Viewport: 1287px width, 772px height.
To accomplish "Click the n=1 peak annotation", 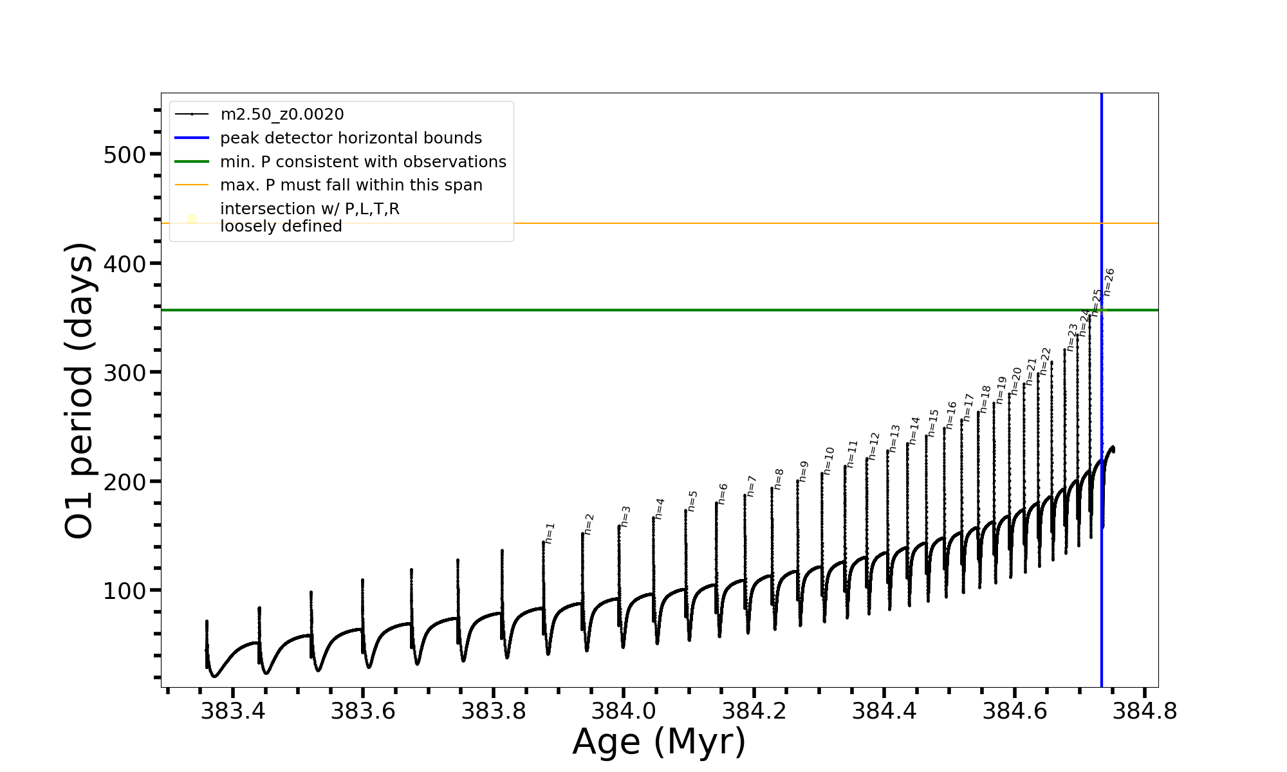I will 550,533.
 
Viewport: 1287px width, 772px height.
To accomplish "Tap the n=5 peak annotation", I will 692,501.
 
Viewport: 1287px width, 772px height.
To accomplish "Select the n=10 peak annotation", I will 829,461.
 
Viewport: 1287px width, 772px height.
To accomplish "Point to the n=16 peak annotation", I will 951,415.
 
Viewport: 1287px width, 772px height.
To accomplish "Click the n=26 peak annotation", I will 1109,282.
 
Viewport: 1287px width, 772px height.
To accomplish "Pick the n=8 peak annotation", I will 779,479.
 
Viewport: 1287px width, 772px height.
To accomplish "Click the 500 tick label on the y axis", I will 124,154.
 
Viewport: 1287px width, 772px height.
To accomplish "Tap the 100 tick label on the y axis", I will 124,591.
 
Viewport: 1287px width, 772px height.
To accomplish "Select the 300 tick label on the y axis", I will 124,372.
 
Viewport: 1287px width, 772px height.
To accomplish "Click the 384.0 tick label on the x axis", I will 623,711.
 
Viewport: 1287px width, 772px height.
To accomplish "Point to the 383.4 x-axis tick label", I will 233,711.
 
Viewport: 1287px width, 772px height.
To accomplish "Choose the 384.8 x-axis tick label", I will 1145,711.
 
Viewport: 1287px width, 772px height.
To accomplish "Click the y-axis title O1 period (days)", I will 80,390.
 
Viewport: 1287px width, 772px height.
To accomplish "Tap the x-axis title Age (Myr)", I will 659,742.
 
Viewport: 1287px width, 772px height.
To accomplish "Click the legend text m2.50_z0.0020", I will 282,115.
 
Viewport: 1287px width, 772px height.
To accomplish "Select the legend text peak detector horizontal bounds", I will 351,138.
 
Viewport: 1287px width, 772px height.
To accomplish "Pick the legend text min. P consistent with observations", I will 363,161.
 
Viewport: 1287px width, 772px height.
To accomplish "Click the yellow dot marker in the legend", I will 192,219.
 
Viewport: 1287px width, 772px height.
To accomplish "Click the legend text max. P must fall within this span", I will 351,185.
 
